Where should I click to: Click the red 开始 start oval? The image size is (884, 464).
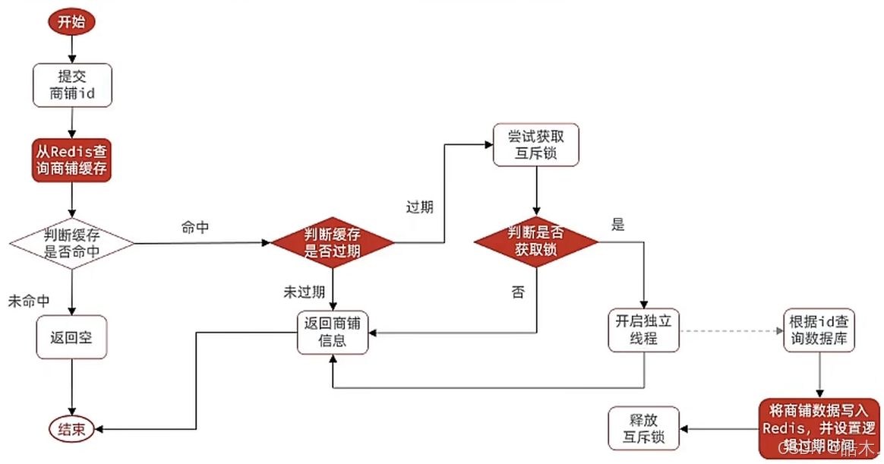pos(72,21)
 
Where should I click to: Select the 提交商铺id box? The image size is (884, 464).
pos(72,85)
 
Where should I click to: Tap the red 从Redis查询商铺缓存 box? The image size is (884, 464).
pos(72,159)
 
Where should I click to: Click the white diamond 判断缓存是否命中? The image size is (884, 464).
pos(72,243)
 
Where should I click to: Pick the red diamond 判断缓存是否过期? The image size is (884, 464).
pos(333,243)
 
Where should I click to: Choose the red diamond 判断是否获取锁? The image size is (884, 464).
pos(536,242)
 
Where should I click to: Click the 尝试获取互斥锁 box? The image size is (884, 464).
pos(536,145)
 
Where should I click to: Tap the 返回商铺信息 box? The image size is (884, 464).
pos(333,332)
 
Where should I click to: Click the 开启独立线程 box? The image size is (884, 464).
pos(645,330)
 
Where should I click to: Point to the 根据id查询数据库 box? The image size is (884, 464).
pos(819,330)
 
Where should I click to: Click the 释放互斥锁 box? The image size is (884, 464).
pos(645,428)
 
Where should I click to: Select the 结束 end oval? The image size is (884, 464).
pos(72,429)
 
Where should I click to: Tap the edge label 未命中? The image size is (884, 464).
pos(28,301)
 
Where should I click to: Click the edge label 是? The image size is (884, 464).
pos(617,225)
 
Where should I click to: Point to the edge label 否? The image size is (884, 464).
pos(518,292)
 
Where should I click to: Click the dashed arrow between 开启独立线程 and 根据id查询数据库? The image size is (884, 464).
pos(731,331)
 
